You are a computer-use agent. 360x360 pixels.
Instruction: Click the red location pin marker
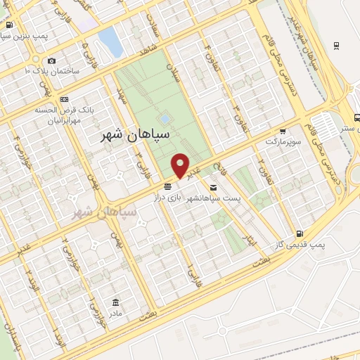click(x=181, y=166)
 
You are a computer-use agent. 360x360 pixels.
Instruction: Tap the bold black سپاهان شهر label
click(x=135, y=133)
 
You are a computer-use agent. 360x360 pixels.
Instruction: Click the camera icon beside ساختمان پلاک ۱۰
click(x=52, y=61)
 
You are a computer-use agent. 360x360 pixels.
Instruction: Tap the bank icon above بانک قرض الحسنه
click(x=65, y=100)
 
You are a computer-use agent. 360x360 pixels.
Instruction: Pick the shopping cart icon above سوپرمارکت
click(x=283, y=131)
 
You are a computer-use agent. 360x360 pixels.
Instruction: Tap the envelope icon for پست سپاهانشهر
click(x=213, y=187)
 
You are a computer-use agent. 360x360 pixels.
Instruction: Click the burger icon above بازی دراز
click(x=167, y=187)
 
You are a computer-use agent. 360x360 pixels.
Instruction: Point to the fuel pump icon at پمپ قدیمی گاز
click(x=301, y=233)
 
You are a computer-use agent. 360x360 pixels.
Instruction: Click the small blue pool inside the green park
click(x=165, y=119)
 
